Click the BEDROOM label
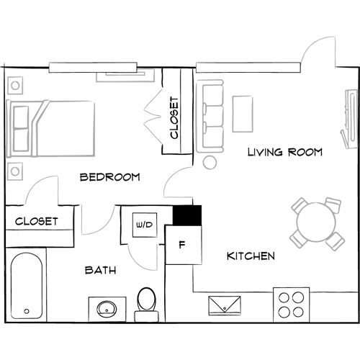click(109, 177)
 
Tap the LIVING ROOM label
click(284, 153)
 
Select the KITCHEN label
click(250, 256)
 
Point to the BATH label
click(101, 271)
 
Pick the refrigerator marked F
click(181, 244)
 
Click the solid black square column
click(187, 216)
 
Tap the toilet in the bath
click(147, 302)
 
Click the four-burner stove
click(293, 304)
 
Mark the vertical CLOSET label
click(174, 117)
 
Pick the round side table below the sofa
click(210, 162)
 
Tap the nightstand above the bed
click(15, 85)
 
